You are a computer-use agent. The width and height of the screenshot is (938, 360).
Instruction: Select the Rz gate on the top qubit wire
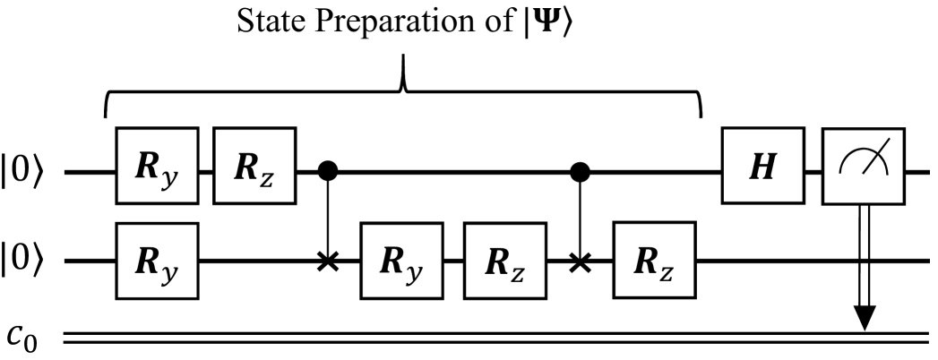[x=254, y=167]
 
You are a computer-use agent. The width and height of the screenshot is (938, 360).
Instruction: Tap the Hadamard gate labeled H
[x=764, y=167]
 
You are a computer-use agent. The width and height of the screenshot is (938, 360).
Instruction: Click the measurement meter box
[x=865, y=167]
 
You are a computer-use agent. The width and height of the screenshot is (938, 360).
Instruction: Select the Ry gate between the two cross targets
[x=401, y=261]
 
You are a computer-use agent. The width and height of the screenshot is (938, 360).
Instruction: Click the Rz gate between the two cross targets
[x=504, y=261]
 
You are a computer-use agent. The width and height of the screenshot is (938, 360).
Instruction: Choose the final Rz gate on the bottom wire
[x=655, y=261]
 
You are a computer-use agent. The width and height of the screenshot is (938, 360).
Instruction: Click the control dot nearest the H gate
[x=583, y=168]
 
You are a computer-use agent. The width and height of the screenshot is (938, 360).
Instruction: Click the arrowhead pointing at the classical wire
[x=865, y=318]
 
